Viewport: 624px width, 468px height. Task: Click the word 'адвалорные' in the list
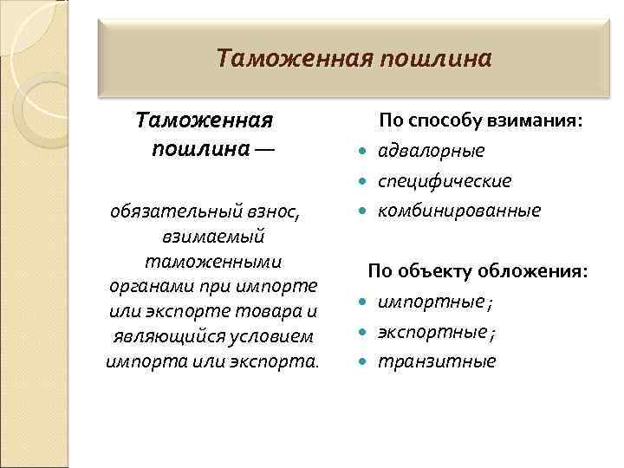coord(431,152)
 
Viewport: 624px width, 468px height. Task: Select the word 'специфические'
coord(444,181)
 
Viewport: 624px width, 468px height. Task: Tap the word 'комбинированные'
coord(458,211)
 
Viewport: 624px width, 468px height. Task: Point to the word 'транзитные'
coord(436,361)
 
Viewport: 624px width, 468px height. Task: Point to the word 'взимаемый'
coord(212,236)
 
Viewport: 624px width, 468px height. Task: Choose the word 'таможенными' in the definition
coord(212,261)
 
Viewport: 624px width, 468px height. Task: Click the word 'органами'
coord(146,286)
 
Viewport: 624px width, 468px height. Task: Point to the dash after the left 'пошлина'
coord(263,148)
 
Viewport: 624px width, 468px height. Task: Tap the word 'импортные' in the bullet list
coord(430,302)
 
